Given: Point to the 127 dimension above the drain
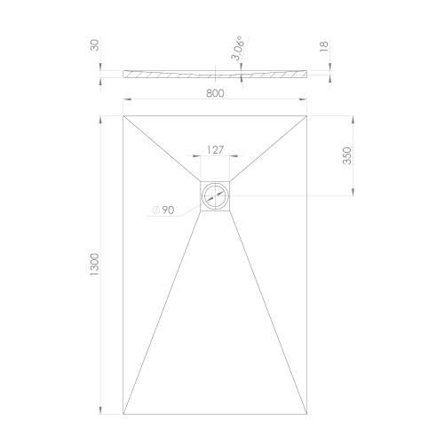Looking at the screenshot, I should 215,150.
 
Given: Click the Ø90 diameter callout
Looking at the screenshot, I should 163,210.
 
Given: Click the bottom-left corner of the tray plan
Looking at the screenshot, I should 123,416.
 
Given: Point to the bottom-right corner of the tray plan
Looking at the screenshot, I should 308,416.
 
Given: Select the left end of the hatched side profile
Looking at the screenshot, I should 123,72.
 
